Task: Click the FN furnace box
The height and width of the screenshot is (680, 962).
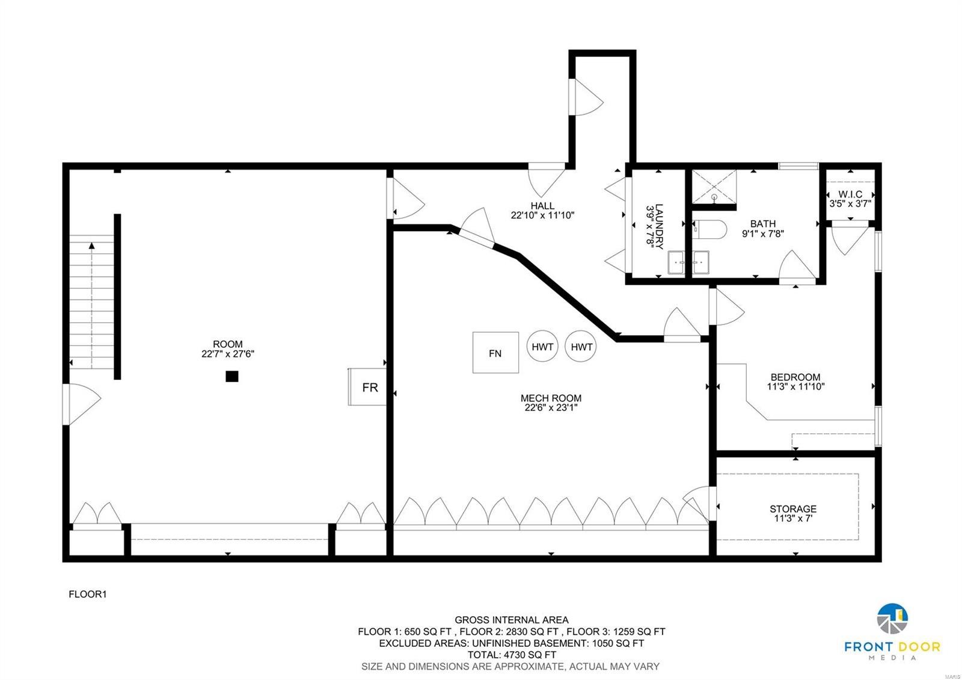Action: [x=495, y=353]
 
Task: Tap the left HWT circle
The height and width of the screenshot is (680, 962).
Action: [x=542, y=346]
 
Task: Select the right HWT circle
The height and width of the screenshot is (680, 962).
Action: [x=581, y=346]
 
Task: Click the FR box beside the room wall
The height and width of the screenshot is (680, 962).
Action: [x=367, y=387]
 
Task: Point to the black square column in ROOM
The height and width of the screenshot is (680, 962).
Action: [x=231, y=377]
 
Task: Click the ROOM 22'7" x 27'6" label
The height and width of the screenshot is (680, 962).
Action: [x=227, y=350]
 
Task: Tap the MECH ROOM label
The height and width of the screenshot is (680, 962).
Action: [x=551, y=403]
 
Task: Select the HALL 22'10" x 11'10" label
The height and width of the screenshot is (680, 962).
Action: [x=542, y=210]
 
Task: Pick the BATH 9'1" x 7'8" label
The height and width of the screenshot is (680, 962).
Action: [x=762, y=229]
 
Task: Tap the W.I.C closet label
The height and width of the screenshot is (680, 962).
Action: [x=850, y=199]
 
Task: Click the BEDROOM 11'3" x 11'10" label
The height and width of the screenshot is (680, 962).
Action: [x=795, y=382]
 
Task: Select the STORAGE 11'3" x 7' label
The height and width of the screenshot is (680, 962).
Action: [x=792, y=513]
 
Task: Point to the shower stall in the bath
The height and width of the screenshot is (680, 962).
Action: [x=714, y=187]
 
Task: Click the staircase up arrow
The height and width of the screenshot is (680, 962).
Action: [x=92, y=246]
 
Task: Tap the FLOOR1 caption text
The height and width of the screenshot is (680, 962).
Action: [x=88, y=594]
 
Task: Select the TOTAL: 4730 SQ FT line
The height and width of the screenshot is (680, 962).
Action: [x=512, y=655]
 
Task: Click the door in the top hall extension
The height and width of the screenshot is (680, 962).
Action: [x=586, y=97]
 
